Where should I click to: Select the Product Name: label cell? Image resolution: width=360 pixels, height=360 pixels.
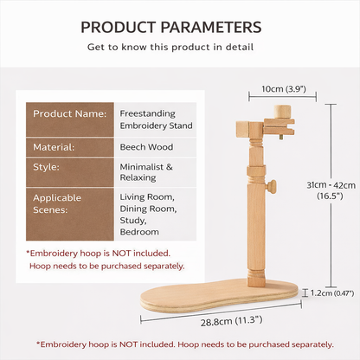pyautogui.click(x=71, y=113)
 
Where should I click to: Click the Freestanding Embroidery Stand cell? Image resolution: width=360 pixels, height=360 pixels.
pyautogui.click(x=156, y=119)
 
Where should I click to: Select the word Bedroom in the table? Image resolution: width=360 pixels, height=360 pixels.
pyautogui.click(x=139, y=232)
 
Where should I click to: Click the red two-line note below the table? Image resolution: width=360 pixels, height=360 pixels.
pyautogui.click(x=106, y=260)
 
